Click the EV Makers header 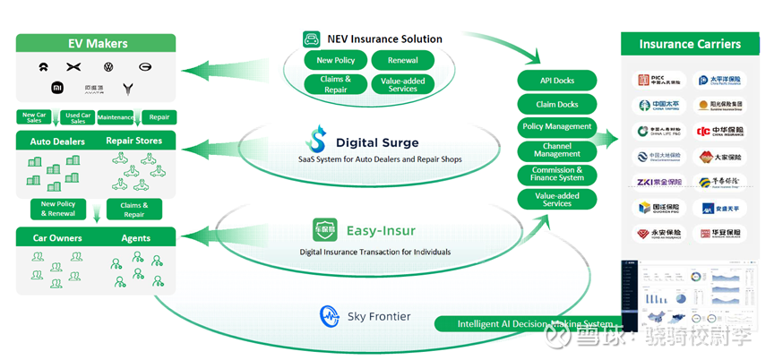[98, 43]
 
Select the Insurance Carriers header [689, 44]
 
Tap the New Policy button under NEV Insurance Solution [336, 61]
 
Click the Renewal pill [402, 61]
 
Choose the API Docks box [556, 81]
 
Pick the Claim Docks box [556, 104]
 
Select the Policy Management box [556, 127]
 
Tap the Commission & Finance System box [556, 174]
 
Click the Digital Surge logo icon [316, 141]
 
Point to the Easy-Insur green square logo [324, 230]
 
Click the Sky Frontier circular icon [329, 315]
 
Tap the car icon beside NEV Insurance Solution [312, 39]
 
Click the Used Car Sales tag [78, 118]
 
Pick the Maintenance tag [116, 117]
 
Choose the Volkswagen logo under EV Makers [108, 67]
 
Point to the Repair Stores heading [133, 141]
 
